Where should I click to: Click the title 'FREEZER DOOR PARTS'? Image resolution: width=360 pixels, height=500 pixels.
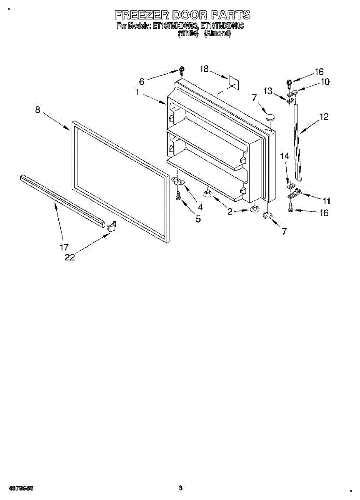coord(182,15)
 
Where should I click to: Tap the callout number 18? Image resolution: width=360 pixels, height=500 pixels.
coord(204,69)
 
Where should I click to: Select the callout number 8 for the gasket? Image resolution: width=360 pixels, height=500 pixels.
coord(37,110)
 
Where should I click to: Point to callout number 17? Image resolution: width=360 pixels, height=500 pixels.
coord(64,247)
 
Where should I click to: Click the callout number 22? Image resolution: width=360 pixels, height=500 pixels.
coord(70,257)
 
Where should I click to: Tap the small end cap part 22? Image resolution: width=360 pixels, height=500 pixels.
coord(111,226)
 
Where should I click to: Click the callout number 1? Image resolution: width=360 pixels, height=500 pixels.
coord(137,92)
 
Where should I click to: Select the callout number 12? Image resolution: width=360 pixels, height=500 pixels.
coord(324,117)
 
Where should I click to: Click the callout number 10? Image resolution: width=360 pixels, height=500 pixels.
coord(325,82)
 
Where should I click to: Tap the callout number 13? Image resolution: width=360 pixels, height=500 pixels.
coord(267,91)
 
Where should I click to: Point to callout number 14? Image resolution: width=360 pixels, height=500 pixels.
coord(285,156)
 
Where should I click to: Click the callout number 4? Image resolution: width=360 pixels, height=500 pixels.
coord(200,207)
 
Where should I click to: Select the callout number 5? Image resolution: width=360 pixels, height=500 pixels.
coord(198,219)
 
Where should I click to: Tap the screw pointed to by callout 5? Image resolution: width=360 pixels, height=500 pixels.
coord(179,195)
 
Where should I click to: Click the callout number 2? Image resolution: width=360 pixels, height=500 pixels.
coord(230,212)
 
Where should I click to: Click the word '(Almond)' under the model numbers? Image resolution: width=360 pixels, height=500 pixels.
coord(217,34)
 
